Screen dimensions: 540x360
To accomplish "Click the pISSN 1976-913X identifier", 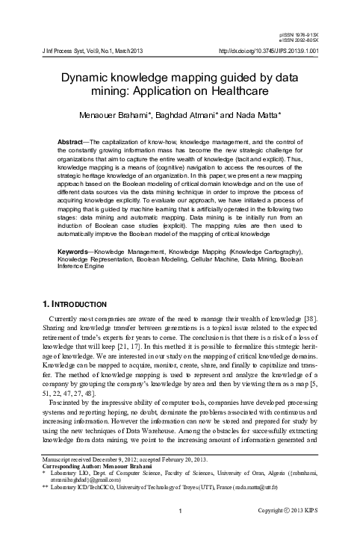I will (x=319, y=35).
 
